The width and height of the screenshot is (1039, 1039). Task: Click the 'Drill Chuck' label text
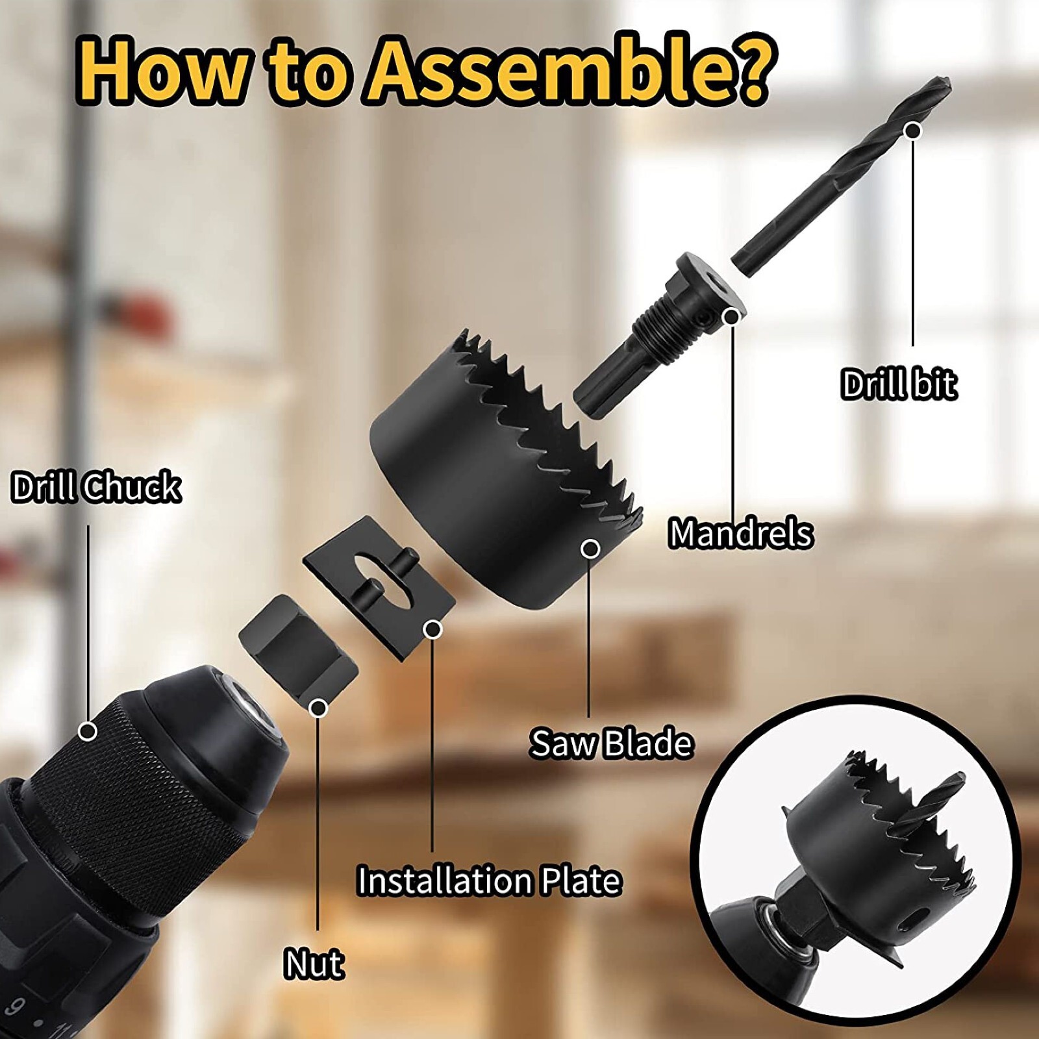[96, 487]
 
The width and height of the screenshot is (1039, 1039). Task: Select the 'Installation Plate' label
[490, 881]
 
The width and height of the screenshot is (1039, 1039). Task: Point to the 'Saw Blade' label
[610, 743]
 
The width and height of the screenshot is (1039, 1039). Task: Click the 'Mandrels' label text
[740, 533]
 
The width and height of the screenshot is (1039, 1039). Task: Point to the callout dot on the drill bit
[913, 131]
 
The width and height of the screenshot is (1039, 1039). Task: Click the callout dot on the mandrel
[732, 317]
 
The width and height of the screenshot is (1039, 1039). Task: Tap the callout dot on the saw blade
[590, 549]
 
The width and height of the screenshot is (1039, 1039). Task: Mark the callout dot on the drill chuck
[88, 731]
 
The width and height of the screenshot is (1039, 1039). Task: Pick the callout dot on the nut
[318, 707]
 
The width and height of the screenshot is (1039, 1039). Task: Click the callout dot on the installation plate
[432, 629]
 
